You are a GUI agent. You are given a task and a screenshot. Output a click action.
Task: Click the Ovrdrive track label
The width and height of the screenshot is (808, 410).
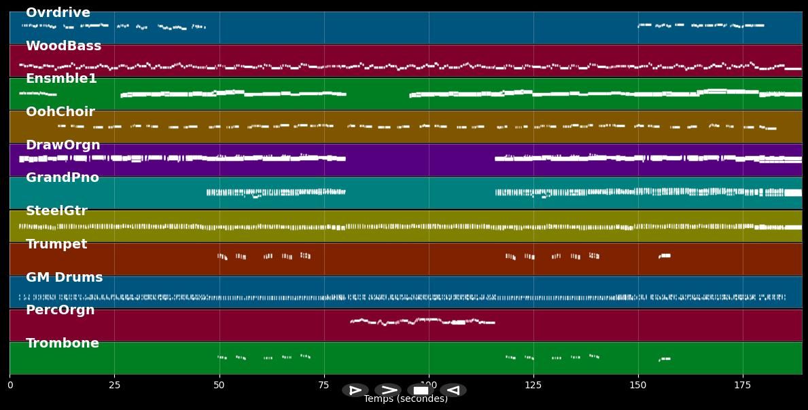click(58, 13)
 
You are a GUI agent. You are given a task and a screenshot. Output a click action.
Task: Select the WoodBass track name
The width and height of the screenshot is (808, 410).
click(63, 46)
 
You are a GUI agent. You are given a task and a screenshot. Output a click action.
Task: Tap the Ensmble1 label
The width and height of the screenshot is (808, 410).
click(61, 79)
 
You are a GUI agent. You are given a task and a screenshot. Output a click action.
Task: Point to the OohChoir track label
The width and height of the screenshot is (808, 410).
click(60, 112)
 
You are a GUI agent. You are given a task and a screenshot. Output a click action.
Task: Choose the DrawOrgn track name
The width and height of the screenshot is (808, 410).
click(63, 145)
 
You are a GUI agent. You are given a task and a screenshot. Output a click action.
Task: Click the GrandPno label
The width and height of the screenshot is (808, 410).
click(62, 178)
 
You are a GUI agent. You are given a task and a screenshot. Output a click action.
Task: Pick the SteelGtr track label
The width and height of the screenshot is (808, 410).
click(56, 211)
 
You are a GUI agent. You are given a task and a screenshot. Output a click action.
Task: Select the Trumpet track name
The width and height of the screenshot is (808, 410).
click(56, 244)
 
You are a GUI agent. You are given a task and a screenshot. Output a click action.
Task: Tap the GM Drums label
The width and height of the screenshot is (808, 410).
click(64, 278)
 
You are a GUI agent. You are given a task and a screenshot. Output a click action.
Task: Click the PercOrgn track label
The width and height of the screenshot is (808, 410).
click(60, 310)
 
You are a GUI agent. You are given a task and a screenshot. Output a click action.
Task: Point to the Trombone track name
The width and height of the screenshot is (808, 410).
click(62, 343)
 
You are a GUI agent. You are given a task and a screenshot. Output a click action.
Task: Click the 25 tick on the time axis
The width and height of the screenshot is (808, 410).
click(114, 386)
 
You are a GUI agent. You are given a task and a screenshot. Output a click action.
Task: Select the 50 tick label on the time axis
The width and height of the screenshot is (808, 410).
click(219, 386)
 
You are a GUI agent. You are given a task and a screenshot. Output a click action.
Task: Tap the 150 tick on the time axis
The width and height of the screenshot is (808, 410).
click(638, 386)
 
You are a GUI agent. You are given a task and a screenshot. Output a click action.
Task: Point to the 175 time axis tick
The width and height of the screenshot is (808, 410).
click(743, 386)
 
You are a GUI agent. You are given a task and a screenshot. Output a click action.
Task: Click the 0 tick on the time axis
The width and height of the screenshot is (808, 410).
click(10, 386)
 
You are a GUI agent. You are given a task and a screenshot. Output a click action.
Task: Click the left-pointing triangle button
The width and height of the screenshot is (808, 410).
click(453, 390)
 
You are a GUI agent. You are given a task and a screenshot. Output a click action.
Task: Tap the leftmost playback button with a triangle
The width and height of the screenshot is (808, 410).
click(355, 390)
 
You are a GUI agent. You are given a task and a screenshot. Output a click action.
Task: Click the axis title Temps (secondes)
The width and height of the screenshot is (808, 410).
click(406, 399)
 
